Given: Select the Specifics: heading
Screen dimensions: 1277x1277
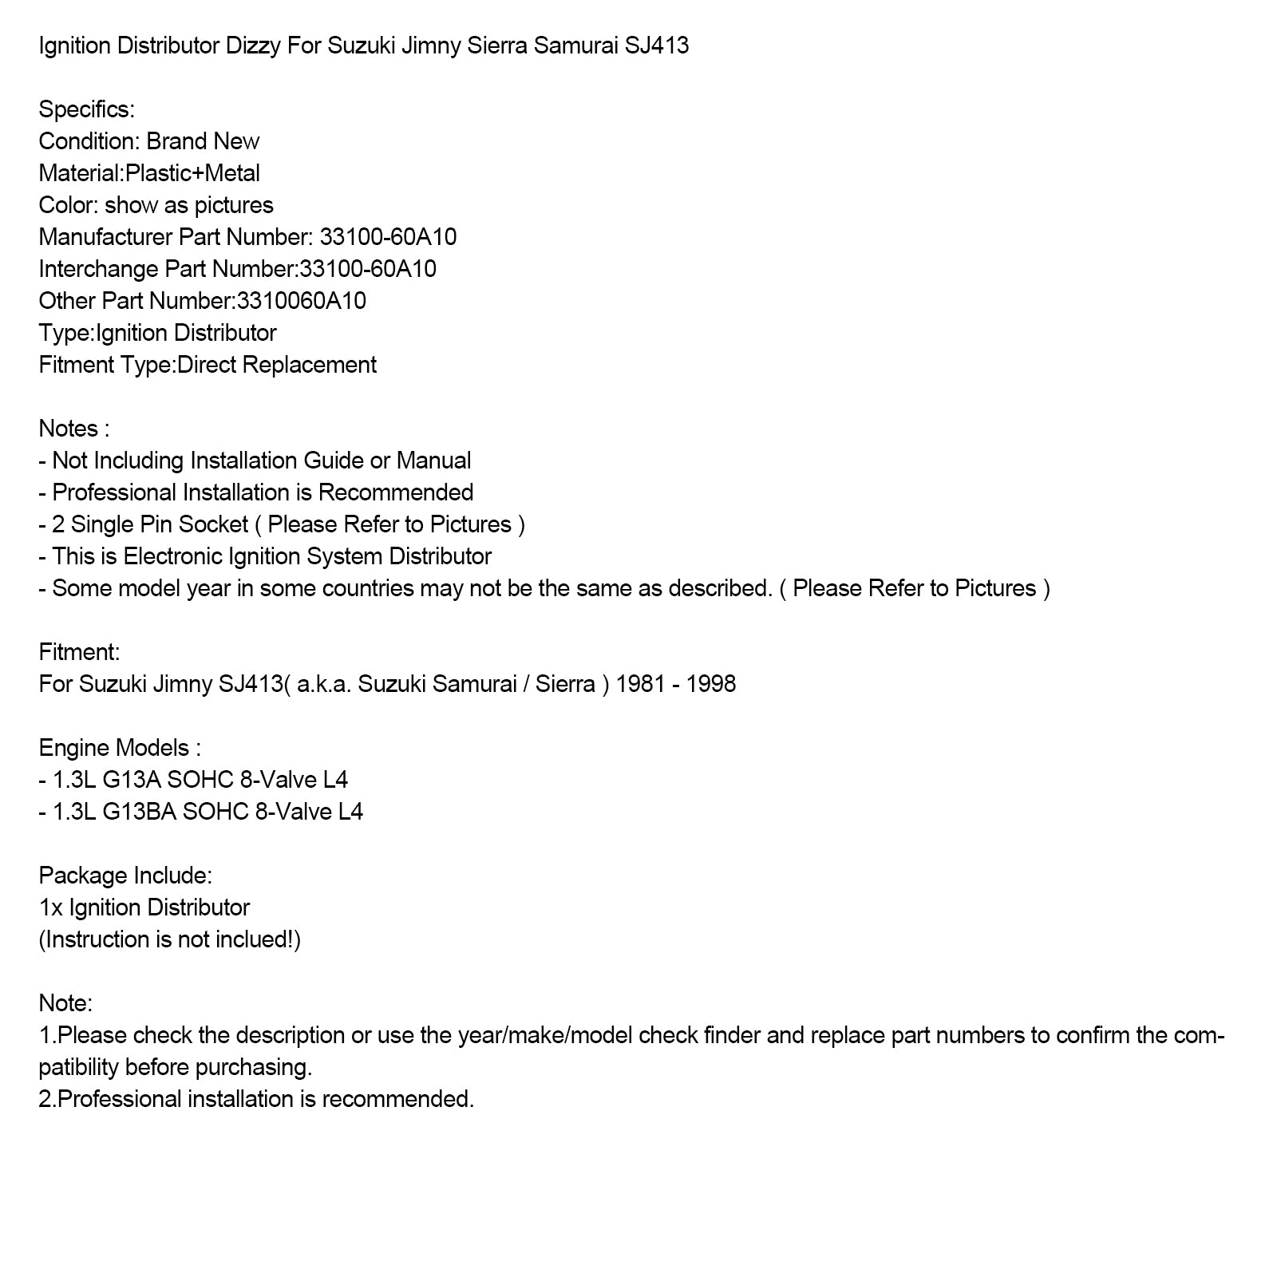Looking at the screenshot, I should tap(86, 109).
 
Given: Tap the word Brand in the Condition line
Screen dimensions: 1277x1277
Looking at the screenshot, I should tap(175, 141).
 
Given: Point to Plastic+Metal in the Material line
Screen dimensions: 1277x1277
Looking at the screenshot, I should tap(192, 173).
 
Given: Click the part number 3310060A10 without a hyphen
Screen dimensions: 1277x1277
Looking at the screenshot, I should tap(302, 301).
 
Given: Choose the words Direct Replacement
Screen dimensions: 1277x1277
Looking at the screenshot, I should tap(277, 365).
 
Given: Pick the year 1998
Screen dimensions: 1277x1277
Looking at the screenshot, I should tap(710, 684).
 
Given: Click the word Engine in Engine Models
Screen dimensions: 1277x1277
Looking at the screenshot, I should tap(74, 748).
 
